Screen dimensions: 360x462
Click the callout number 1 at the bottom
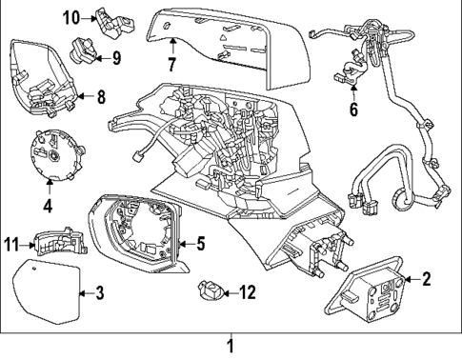click(229, 346)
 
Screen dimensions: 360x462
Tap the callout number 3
click(99, 292)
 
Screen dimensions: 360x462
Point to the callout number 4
click(47, 205)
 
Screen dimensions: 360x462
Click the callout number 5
click(201, 244)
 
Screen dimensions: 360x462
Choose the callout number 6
click(352, 110)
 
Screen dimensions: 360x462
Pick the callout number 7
click(172, 66)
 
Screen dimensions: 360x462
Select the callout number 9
click(115, 57)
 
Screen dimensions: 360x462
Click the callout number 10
click(72, 17)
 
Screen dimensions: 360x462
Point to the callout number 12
click(247, 292)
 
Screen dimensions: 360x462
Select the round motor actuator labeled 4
click(51, 155)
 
